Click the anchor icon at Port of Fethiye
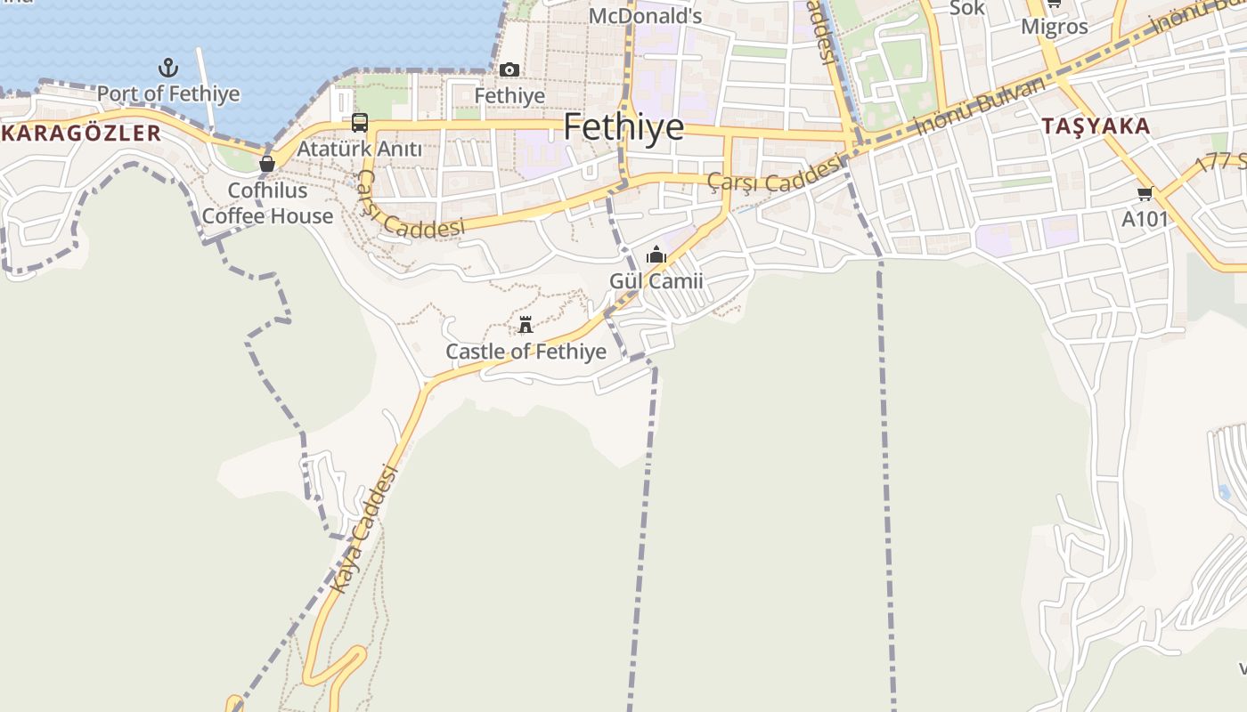(167, 68)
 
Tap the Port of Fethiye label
(168, 93)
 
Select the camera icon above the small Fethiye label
(509, 70)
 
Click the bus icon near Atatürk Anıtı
(360, 123)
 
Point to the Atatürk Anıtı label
(359, 149)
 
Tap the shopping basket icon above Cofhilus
(266, 164)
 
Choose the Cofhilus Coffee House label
(267, 203)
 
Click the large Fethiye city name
(623, 127)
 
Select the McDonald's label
(646, 16)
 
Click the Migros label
(1055, 27)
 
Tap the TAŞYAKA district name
(1096, 126)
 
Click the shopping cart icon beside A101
(1145, 193)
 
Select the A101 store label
(1145, 218)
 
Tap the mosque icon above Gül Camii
(656, 255)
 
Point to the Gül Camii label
(656, 281)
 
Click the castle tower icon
(526, 325)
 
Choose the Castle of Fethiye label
(526, 352)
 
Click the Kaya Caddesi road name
(363, 530)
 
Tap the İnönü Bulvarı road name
(980, 105)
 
